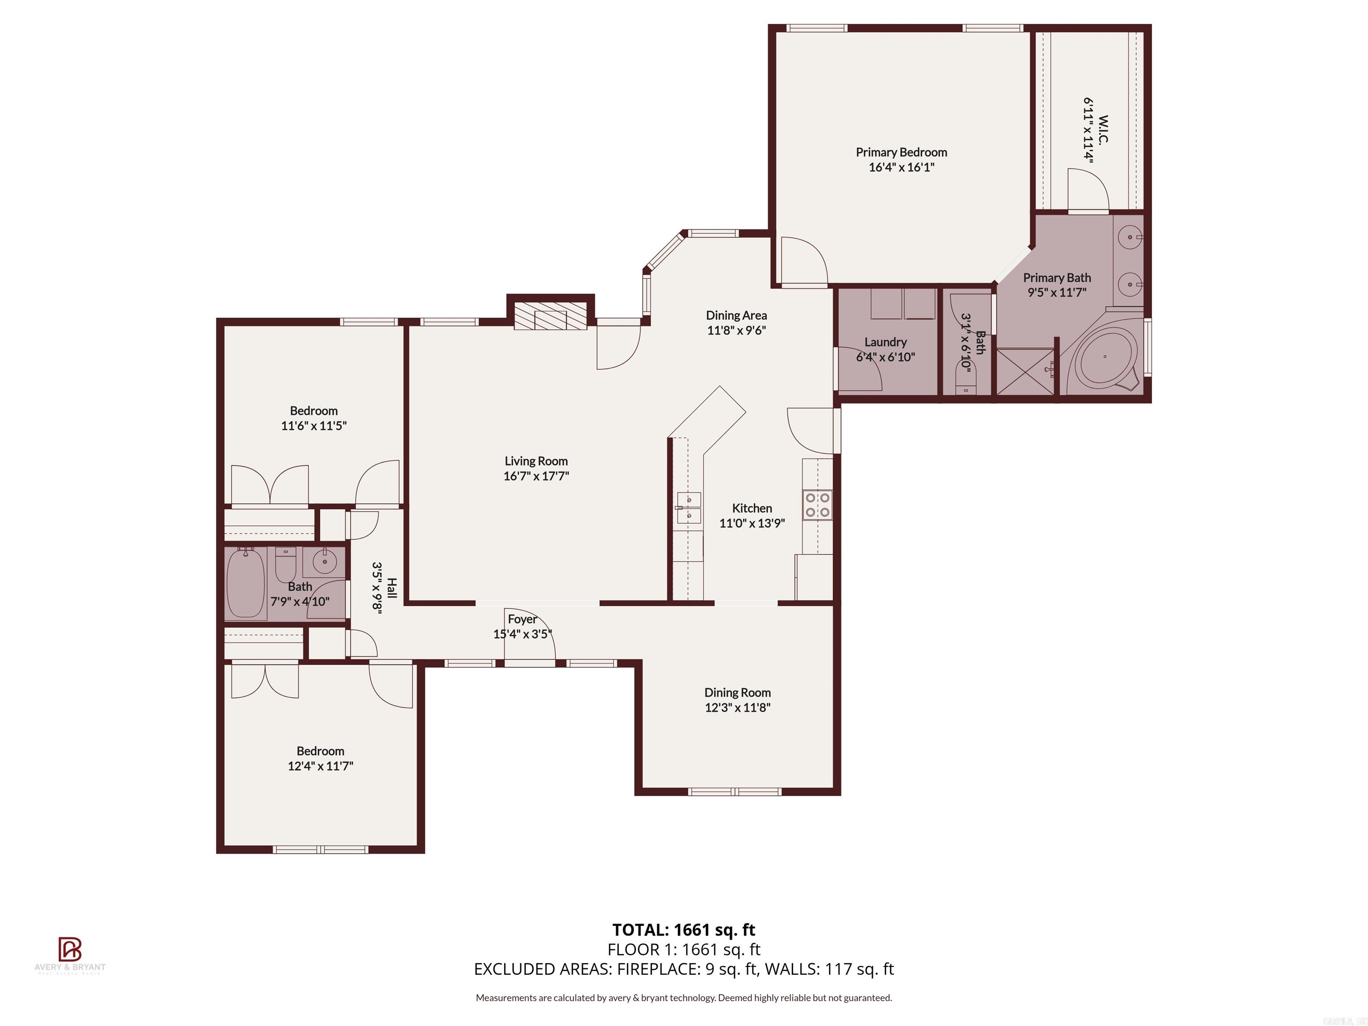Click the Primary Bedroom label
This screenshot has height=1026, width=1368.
[901, 152]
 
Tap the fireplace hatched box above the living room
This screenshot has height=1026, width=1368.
[550, 316]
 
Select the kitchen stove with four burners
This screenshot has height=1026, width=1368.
[817, 504]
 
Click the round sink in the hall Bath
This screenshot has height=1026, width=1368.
[325, 562]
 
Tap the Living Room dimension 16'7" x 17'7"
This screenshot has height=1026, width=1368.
[536, 476]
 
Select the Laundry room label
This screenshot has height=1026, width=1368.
[885, 342]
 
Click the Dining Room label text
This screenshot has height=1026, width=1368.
[737, 692]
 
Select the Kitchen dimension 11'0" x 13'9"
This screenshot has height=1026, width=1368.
[752, 523]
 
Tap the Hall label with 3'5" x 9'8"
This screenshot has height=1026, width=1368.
[384, 587]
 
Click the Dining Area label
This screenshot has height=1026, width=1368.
[736, 315]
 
